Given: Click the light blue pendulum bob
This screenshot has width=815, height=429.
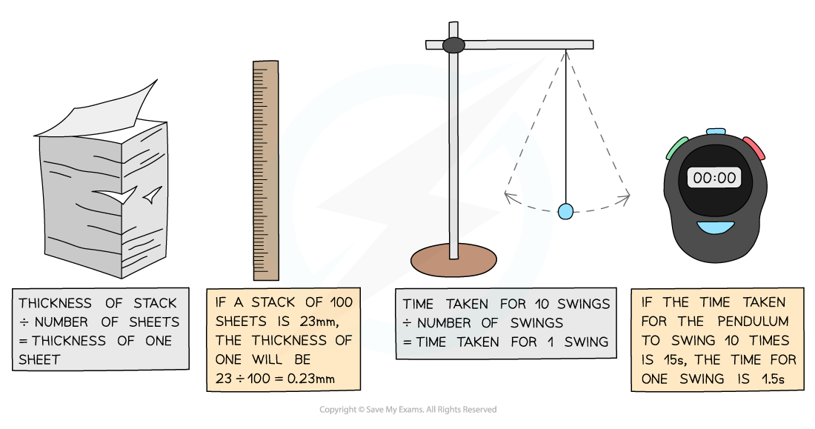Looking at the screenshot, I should point(565,211).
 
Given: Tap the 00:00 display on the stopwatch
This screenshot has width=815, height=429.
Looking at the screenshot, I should point(716,178).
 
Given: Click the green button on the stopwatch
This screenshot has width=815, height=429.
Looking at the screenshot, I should point(677,147).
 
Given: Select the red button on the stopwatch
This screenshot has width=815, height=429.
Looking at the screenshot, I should point(754,147).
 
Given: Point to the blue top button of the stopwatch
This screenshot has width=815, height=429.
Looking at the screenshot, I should point(716,132).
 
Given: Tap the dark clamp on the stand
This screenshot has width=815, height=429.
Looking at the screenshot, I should point(453,45).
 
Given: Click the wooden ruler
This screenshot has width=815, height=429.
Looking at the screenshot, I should point(266,170).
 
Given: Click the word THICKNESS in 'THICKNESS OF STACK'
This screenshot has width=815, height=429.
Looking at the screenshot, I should point(56,303).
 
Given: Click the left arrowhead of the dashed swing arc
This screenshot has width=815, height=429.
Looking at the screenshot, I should point(508,196).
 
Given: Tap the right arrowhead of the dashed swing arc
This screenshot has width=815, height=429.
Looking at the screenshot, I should point(628,196).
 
